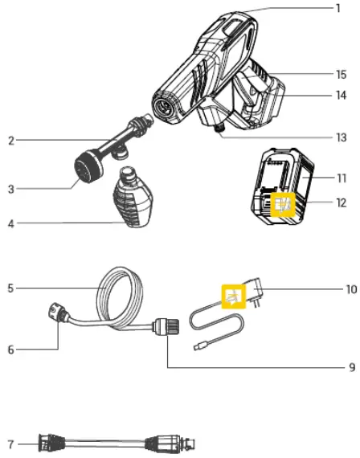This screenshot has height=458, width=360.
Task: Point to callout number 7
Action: (10, 443)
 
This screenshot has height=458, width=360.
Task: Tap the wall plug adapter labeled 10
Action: (256, 297)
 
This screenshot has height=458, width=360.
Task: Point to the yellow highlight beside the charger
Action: (233, 297)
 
